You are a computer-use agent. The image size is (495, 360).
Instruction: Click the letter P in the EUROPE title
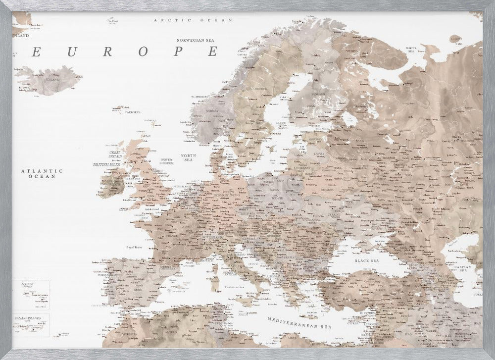179,51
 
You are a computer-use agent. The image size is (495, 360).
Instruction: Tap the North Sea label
188,157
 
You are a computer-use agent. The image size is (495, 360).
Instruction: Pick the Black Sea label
367,260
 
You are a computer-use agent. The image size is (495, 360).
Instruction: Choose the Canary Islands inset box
31,325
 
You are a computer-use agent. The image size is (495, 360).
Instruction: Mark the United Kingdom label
166,161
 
